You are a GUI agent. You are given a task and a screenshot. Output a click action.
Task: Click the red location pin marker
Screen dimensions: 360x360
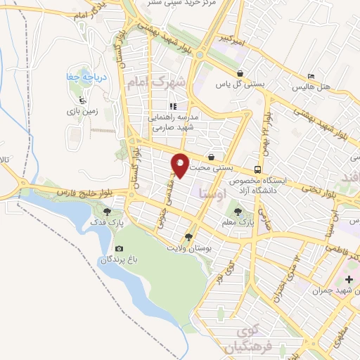pyautogui.click(x=181, y=165)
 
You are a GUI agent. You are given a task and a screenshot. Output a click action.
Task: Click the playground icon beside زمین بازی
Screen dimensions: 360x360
pyautogui.click(x=83, y=99)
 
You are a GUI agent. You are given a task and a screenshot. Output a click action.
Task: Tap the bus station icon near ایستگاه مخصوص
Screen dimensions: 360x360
pyautogui.click(x=258, y=169)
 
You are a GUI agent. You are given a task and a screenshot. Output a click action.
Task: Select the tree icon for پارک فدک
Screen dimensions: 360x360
pyautogui.click(x=107, y=210)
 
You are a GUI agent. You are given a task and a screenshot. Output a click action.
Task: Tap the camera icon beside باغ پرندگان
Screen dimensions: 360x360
pyautogui.click(x=119, y=249)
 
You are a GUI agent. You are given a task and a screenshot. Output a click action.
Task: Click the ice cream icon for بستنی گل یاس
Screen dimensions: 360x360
pyautogui.click(x=240, y=72)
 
